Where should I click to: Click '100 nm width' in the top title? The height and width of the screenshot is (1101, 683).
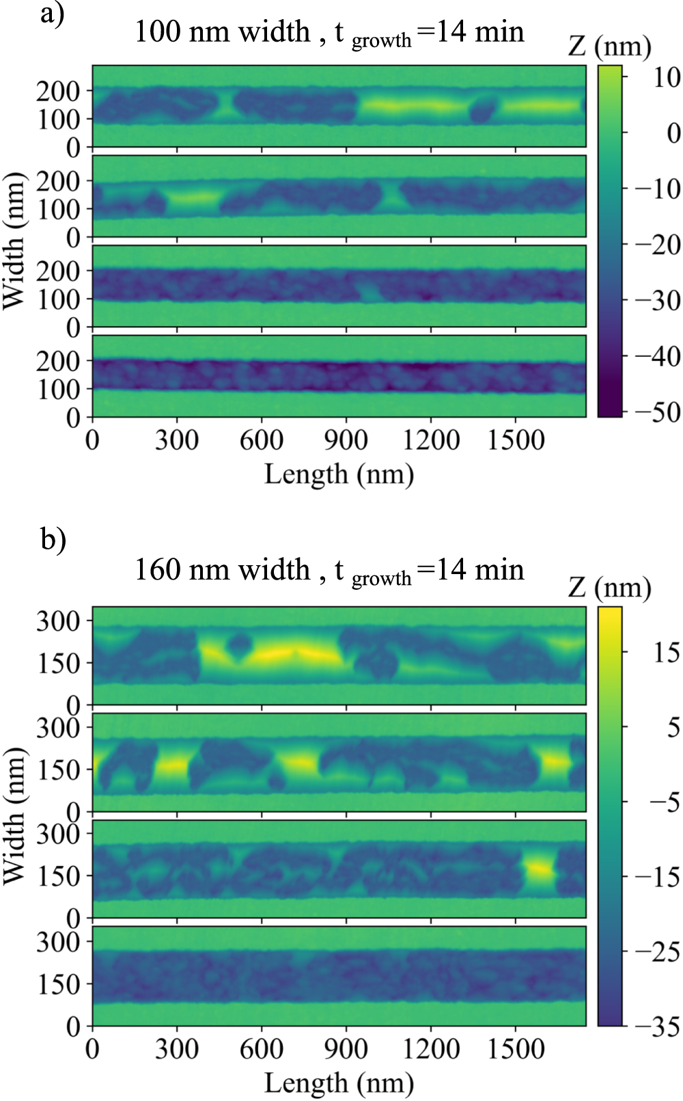click(223, 32)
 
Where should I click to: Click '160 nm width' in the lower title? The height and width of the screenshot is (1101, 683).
click(223, 570)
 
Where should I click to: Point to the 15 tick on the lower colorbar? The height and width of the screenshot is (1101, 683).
click(666, 653)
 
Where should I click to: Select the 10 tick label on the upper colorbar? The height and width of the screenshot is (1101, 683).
click(666, 77)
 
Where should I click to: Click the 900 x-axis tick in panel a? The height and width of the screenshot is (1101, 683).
click(346, 440)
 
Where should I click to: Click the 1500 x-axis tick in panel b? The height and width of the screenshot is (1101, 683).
click(516, 1049)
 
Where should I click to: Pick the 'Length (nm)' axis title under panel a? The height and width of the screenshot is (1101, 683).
click(339, 474)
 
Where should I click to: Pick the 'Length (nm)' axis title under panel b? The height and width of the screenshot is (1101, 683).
click(339, 1083)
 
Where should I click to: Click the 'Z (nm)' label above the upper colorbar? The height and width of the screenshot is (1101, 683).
click(609, 46)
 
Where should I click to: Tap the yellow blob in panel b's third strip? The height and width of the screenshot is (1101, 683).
click(538, 869)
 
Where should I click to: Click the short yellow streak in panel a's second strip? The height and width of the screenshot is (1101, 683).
click(194, 198)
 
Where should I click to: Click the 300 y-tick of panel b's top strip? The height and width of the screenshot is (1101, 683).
click(57, 621)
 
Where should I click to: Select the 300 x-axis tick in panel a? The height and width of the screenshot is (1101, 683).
click(177, 440)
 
